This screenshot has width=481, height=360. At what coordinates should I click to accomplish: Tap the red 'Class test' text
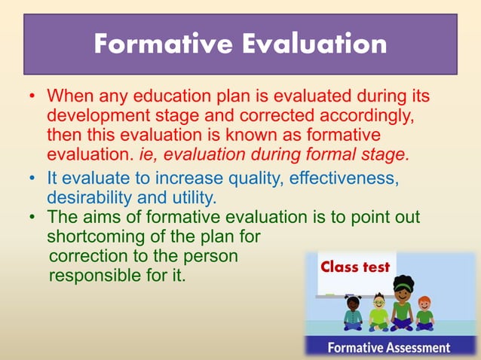pyautogui.click(x=355, y=267)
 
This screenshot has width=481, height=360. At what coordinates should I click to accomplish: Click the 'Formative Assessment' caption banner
pyautogui.click(x=388, y=347)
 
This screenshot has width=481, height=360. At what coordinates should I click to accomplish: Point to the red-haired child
pyautogui.click(x=425, y=313)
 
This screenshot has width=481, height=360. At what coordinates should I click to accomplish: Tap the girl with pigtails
pyautogui.click(x=353, y=312)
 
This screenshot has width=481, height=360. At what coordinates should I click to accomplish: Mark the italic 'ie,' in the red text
pyautogui.click(x=152, y=156)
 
